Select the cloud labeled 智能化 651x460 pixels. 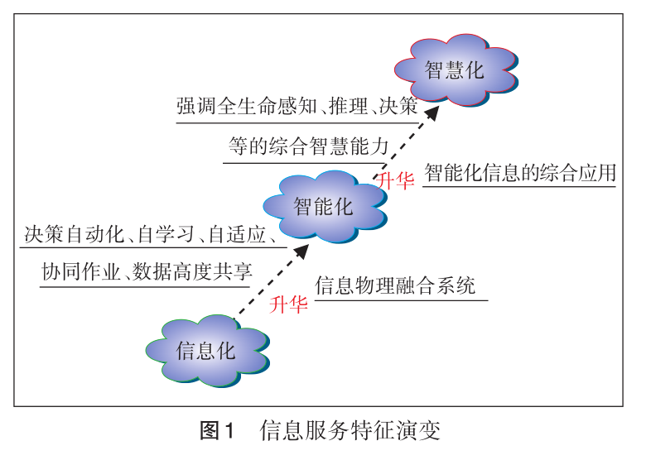pyautogui.click(x=323, y=206)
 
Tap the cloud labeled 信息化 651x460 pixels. pyautogui.click(x=206, y=350)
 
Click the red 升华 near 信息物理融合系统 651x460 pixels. pyautogui.click(x=289, y=304)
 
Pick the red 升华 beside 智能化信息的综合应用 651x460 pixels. pyautogui.click(x=395, y=181)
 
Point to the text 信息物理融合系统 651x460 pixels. pyautogui.click(x=396, y=287)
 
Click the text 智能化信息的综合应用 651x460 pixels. pyautogui.click(x=520, y=174)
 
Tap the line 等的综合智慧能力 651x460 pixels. pyautogui.click(x=308, y=147)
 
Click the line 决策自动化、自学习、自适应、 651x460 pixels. pyautogui.click(x=150, y=235)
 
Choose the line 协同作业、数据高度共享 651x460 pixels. pyautogui.click(x=147, y=271)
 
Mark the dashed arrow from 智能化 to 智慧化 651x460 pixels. pyautogui.click(x=405, y=140)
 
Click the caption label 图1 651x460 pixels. pyautogui.click(x=219, y=430)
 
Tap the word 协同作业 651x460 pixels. pyautogui.click(x=80, y=271)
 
